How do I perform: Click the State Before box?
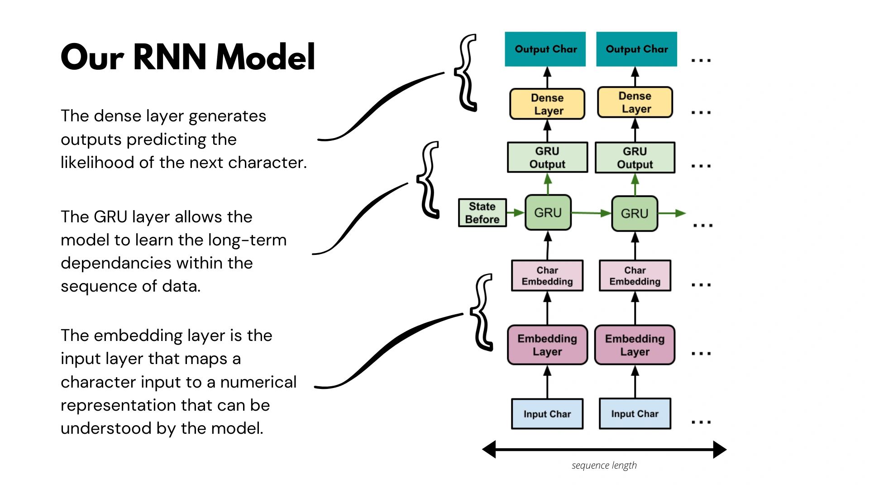coord(482,213)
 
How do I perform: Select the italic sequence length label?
coord(604,465)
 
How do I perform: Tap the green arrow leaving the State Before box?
coord(515,212)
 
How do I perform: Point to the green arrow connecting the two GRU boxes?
coord(591,213)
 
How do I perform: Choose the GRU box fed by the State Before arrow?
coord(548,212)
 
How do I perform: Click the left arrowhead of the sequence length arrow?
coord(489,450)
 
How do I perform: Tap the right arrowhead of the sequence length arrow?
coord(720,450)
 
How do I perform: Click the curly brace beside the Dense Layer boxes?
coord(466,72)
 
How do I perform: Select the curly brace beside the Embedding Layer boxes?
coord(482,312)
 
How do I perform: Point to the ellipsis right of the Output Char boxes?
coord(701,60)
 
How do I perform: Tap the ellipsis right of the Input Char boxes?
coord(701,422)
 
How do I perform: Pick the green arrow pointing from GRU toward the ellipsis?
coord(672,213)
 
